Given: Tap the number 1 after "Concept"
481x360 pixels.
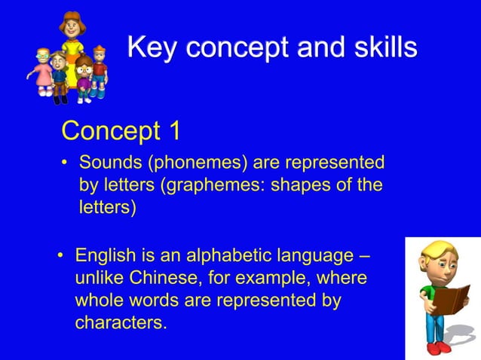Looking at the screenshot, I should point(174,131).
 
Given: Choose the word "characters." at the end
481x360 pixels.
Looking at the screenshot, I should point(121,322).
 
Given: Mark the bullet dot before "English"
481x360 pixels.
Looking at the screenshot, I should point(61,257).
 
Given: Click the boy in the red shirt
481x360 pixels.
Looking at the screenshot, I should point(99,69).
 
